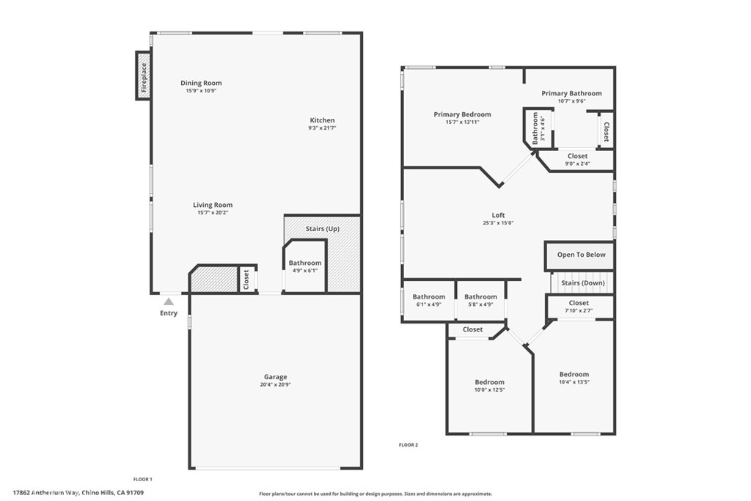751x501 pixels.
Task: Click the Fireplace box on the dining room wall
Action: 143,76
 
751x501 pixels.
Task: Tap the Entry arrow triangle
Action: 169,301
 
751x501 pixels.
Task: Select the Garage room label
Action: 276,377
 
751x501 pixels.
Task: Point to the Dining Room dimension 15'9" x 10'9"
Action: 201,90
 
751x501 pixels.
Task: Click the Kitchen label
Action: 323,120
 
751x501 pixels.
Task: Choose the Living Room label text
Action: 213,205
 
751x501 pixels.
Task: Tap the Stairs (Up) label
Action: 323,229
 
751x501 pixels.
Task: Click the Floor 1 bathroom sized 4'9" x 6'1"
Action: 305,266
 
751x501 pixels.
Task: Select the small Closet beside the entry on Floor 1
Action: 246,279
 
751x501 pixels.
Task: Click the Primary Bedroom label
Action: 462,114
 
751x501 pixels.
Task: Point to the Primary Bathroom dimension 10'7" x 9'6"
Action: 571,101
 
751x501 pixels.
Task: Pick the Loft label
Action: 498,216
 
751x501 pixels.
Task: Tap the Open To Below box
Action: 581,255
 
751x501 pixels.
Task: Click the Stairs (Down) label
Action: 583,283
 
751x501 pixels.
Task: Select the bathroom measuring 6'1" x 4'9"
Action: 428,300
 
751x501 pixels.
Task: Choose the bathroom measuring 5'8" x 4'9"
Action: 480,300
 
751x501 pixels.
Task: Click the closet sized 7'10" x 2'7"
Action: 579,307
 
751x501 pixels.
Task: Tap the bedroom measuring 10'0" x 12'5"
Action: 489,386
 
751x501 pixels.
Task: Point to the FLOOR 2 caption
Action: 409,445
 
